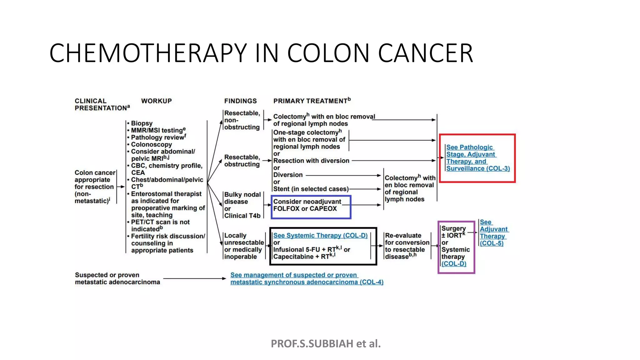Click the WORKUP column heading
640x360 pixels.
(156, 101)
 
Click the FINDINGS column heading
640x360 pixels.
(240, 101)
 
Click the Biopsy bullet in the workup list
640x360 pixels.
(142, 123)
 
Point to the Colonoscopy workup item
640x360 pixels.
(151, 144)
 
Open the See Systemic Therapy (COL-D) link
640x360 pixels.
(320, 236)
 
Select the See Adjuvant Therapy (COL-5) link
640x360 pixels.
(493, 232)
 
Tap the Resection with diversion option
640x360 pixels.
(311, 161)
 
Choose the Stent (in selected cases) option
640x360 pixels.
(311, 189)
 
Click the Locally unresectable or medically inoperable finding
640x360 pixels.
(243, 246)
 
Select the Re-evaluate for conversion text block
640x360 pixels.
(407, 246)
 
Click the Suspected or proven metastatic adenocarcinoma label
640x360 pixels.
(117, 278)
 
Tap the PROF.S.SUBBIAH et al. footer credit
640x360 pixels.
(326, 343)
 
